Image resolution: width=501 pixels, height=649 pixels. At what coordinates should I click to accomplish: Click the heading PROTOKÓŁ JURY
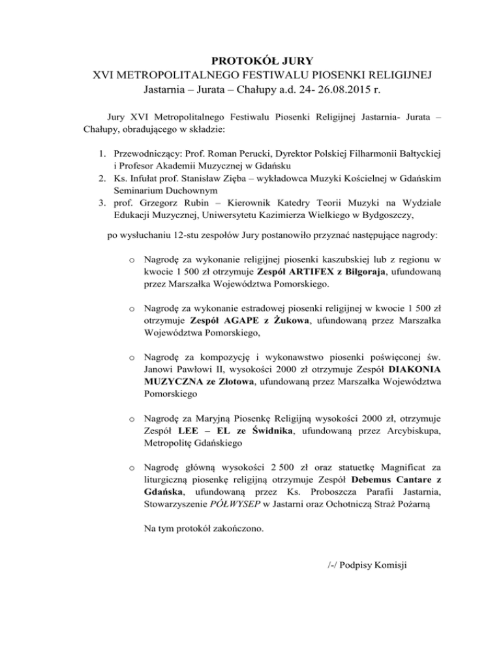250,61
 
